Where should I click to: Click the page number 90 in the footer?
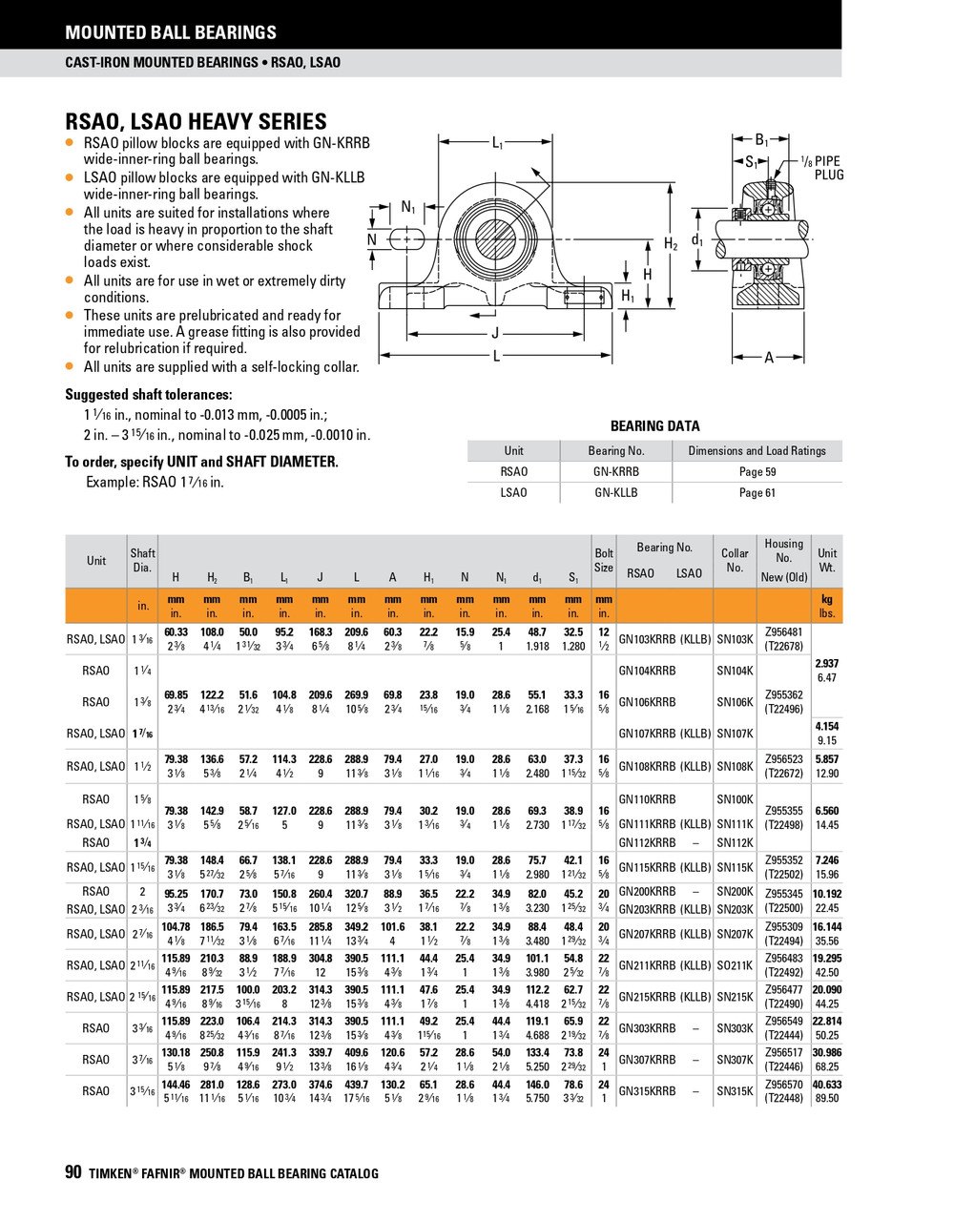[73, 1172]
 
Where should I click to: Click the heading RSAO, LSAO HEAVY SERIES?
[196, 121]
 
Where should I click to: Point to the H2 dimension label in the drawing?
[671, 244]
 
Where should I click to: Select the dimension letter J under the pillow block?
[495, 333]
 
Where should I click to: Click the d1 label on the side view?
[697, 240]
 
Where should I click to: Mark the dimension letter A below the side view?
[768, 358]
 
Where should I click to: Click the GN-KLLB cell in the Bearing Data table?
[615, 492]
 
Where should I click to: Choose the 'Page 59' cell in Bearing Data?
[757, 471]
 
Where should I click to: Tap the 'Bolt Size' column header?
[604, 560]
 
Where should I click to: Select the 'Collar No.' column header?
[735, 560]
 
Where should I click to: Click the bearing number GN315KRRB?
[647, 1091]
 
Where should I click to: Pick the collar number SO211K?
[735, 965]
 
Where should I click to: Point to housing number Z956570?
[783, 1085]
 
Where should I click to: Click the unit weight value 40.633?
[827, 1085]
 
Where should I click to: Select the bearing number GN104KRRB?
[647, 671]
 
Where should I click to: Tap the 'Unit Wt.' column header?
[827, 560]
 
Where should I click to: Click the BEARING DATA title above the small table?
[654, 426]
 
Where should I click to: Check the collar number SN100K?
[735, 799]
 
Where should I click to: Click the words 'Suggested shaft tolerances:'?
[148, 395]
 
